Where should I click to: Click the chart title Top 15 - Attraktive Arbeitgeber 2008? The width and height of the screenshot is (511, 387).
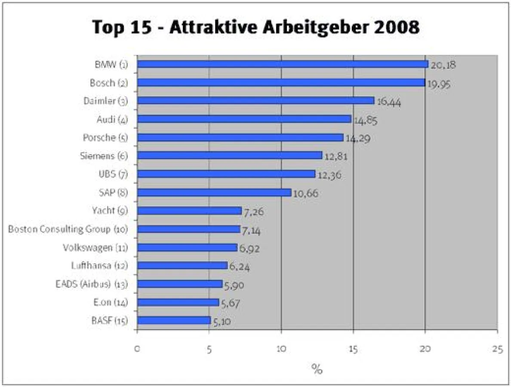(x=255, y=28)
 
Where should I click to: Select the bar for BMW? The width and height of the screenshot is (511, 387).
(x=282, y=64)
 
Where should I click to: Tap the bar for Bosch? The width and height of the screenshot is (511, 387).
(x=280, y=83)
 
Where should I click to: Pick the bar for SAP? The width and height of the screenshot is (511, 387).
(x=214, y=192)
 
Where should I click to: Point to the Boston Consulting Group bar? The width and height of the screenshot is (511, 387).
(x=188, y=229)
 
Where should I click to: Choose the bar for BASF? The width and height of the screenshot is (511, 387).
(x=173, y=320)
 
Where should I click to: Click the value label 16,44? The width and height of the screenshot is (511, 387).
(x=389, y=103)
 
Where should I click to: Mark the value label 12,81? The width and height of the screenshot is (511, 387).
(x=336, y=157)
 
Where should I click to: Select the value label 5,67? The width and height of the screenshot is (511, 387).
(x=230, y=304)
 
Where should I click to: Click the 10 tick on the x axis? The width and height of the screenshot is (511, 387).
(x=281, y=349)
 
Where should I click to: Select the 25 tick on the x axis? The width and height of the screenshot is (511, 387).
(x=497, y=349)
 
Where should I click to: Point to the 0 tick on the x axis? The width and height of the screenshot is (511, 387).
(x=137, y=349)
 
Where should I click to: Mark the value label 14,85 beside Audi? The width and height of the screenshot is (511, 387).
(x=366, y=121)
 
